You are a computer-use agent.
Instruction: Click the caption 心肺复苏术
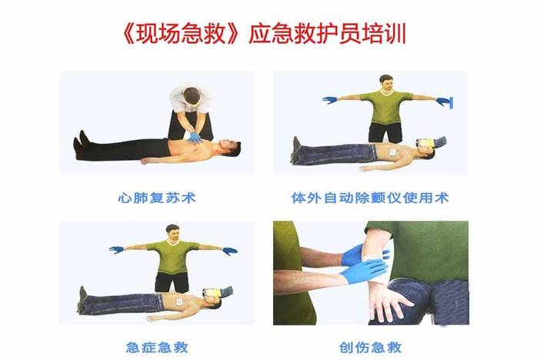[x=157, y=198]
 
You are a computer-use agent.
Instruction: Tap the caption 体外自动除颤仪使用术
[x=370, y=198]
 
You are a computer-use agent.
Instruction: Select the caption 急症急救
[x=157, y=347]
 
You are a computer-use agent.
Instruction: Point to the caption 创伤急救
[x=370, y=347]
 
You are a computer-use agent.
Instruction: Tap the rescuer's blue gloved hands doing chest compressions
[x=195, y=137]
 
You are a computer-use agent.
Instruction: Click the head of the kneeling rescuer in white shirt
[x=192, y=96]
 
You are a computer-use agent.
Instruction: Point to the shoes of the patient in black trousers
[x=81, y=144]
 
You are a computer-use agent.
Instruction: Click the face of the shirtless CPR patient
[x=230, y=147]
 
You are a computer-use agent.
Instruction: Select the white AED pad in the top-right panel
[x=393, y=152]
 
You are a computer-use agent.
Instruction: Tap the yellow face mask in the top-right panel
[x=425, y=143]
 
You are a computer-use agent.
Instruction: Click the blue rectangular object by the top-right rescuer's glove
[x=451, y=102]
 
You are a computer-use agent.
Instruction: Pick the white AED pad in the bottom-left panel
[x=179, y=302]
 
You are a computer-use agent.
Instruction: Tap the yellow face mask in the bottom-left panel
[x=212, y=293]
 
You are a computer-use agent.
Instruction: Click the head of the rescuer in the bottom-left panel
[x=172, y=234]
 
